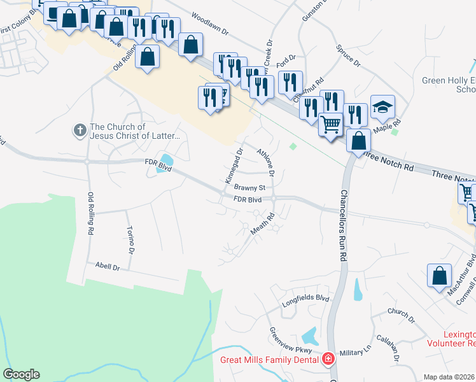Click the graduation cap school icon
(382, 107)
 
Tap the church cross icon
(80, 131)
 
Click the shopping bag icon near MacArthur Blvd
(439, 276)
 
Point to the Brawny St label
(249, 188)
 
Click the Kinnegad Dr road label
(233, 166)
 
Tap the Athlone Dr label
(266, 162)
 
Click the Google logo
(21, 374)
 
